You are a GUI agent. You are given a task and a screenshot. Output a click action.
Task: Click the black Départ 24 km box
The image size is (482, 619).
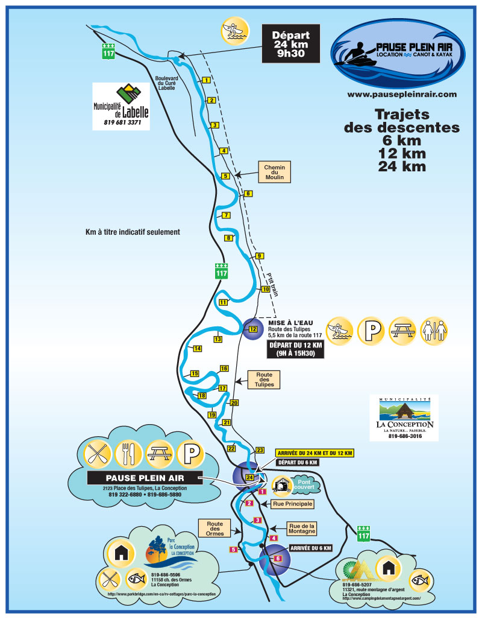pos(291,43)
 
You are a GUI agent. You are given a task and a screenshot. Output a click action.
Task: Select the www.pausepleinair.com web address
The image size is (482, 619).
pos(402,95)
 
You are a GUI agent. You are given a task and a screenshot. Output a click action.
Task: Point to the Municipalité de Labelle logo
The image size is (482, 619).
pos(120,106)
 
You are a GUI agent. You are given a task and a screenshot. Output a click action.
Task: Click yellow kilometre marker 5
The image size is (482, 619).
pos(226,176)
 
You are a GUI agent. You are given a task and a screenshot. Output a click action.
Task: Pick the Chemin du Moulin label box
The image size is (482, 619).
pos(274,173)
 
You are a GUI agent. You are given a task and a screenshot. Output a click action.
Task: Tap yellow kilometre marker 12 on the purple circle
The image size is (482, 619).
pos(253,329)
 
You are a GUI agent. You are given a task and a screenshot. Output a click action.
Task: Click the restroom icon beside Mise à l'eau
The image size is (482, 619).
pos(434,331)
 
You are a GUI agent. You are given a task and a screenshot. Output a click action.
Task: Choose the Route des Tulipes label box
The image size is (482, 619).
pos(264,379)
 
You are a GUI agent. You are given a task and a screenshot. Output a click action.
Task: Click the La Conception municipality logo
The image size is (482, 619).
pos(404,418)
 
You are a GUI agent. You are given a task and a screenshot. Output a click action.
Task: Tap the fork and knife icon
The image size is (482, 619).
pos(128,454)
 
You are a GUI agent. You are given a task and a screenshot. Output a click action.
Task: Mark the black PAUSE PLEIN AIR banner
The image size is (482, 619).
pos(145,478)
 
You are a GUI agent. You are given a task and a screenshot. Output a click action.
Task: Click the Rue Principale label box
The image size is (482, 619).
pos(293,503)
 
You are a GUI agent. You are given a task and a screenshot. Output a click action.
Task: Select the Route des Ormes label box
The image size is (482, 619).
pos(215,529)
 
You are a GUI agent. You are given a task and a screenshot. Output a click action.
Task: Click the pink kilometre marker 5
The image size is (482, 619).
pos(233,549)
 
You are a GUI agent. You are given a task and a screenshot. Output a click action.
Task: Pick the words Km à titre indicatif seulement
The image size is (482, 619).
pos(133,232)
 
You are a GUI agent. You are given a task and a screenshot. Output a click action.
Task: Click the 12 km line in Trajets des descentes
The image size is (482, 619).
pos(401,153)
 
